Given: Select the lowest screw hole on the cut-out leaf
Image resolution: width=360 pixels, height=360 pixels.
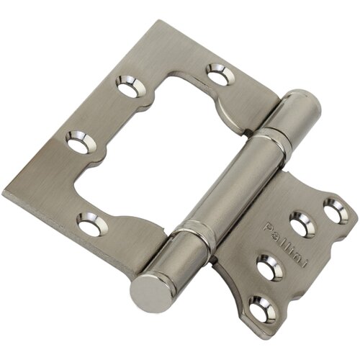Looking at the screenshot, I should tap(89, 226).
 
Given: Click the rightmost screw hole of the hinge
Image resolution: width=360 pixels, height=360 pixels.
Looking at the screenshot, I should tap(332, 212).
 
